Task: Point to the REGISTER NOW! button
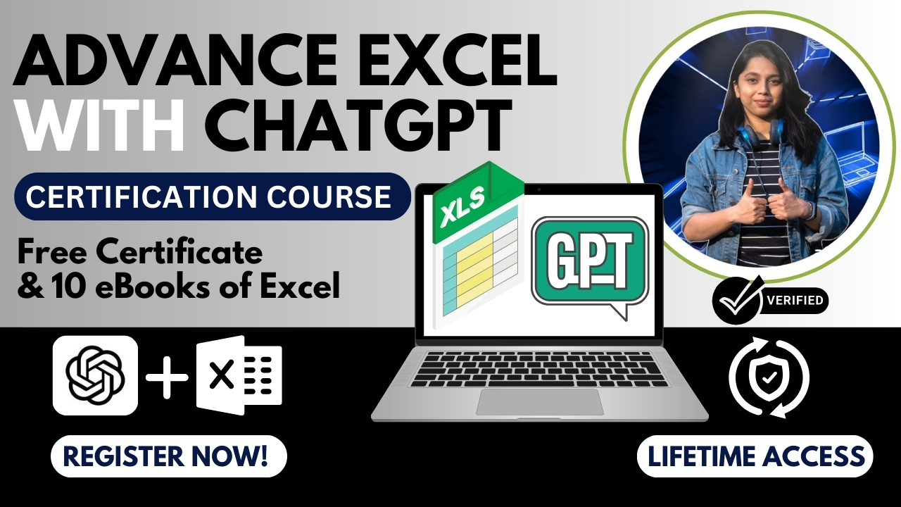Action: pos(169,456)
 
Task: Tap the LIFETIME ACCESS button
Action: pos(755,456)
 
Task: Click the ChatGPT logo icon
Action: pos(95,375)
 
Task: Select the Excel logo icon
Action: pos(239,375)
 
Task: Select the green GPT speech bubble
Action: pos(589,263)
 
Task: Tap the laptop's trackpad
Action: pos(539,401)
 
